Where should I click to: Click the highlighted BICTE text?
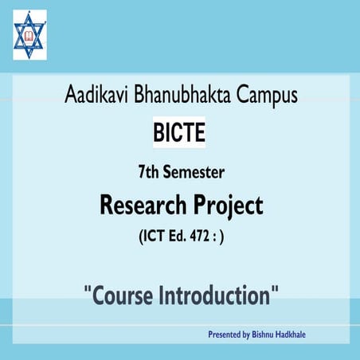tap(179, 133)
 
